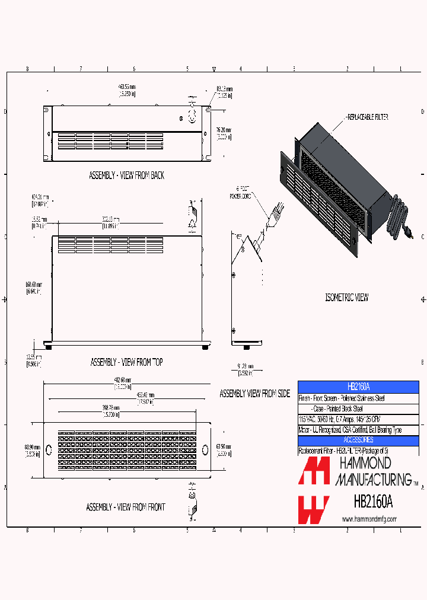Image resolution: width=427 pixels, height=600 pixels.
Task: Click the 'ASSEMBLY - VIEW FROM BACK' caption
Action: tap(126, 175)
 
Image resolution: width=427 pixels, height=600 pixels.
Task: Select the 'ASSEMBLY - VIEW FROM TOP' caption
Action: tap(126, 362)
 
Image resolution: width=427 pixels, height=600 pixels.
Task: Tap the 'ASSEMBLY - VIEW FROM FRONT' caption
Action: tap(125, 507)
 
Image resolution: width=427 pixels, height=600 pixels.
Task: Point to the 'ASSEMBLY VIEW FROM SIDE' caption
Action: tap(254, 394)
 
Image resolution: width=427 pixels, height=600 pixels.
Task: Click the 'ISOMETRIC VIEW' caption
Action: tap(347, 297)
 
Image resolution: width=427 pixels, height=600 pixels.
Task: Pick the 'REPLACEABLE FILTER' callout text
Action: tap(368, 117)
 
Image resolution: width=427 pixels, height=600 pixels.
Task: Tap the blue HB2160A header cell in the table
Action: tap(358, 386)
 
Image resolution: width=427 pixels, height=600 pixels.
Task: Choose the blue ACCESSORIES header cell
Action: tap(358, 440)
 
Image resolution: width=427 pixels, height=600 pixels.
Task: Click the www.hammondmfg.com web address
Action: tap(369, 519)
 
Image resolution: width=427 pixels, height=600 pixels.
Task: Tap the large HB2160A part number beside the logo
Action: tap(373, 502)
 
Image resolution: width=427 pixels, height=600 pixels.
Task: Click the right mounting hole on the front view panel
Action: tap(205, 448)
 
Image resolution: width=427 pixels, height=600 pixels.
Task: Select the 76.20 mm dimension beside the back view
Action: tap(224, 132)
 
